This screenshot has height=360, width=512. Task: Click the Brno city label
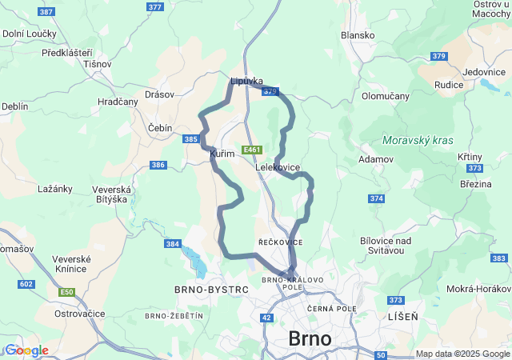[310, 338]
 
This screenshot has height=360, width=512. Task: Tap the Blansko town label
[358, 35]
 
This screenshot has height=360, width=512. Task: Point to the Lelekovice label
[278, 167]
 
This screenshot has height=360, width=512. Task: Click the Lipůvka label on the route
[246, 82]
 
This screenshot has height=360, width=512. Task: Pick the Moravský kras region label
[418, 140]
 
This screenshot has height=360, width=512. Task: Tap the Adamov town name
[377, 159]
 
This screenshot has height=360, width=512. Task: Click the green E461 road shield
[252, 150]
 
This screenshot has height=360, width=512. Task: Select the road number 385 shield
[191, 139]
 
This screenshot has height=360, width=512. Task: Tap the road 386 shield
[158, 165]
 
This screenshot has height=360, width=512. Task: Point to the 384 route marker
[172, 243]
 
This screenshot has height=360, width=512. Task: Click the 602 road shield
[26, 284]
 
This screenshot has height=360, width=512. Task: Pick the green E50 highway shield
[66, 292]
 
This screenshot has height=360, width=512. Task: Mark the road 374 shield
[377, 198]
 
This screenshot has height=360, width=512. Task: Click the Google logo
[26, 350]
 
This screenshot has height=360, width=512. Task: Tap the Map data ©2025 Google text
[462, 354]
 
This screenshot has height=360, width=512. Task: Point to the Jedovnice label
[483, 71]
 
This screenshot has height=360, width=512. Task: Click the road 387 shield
[46, 12]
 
